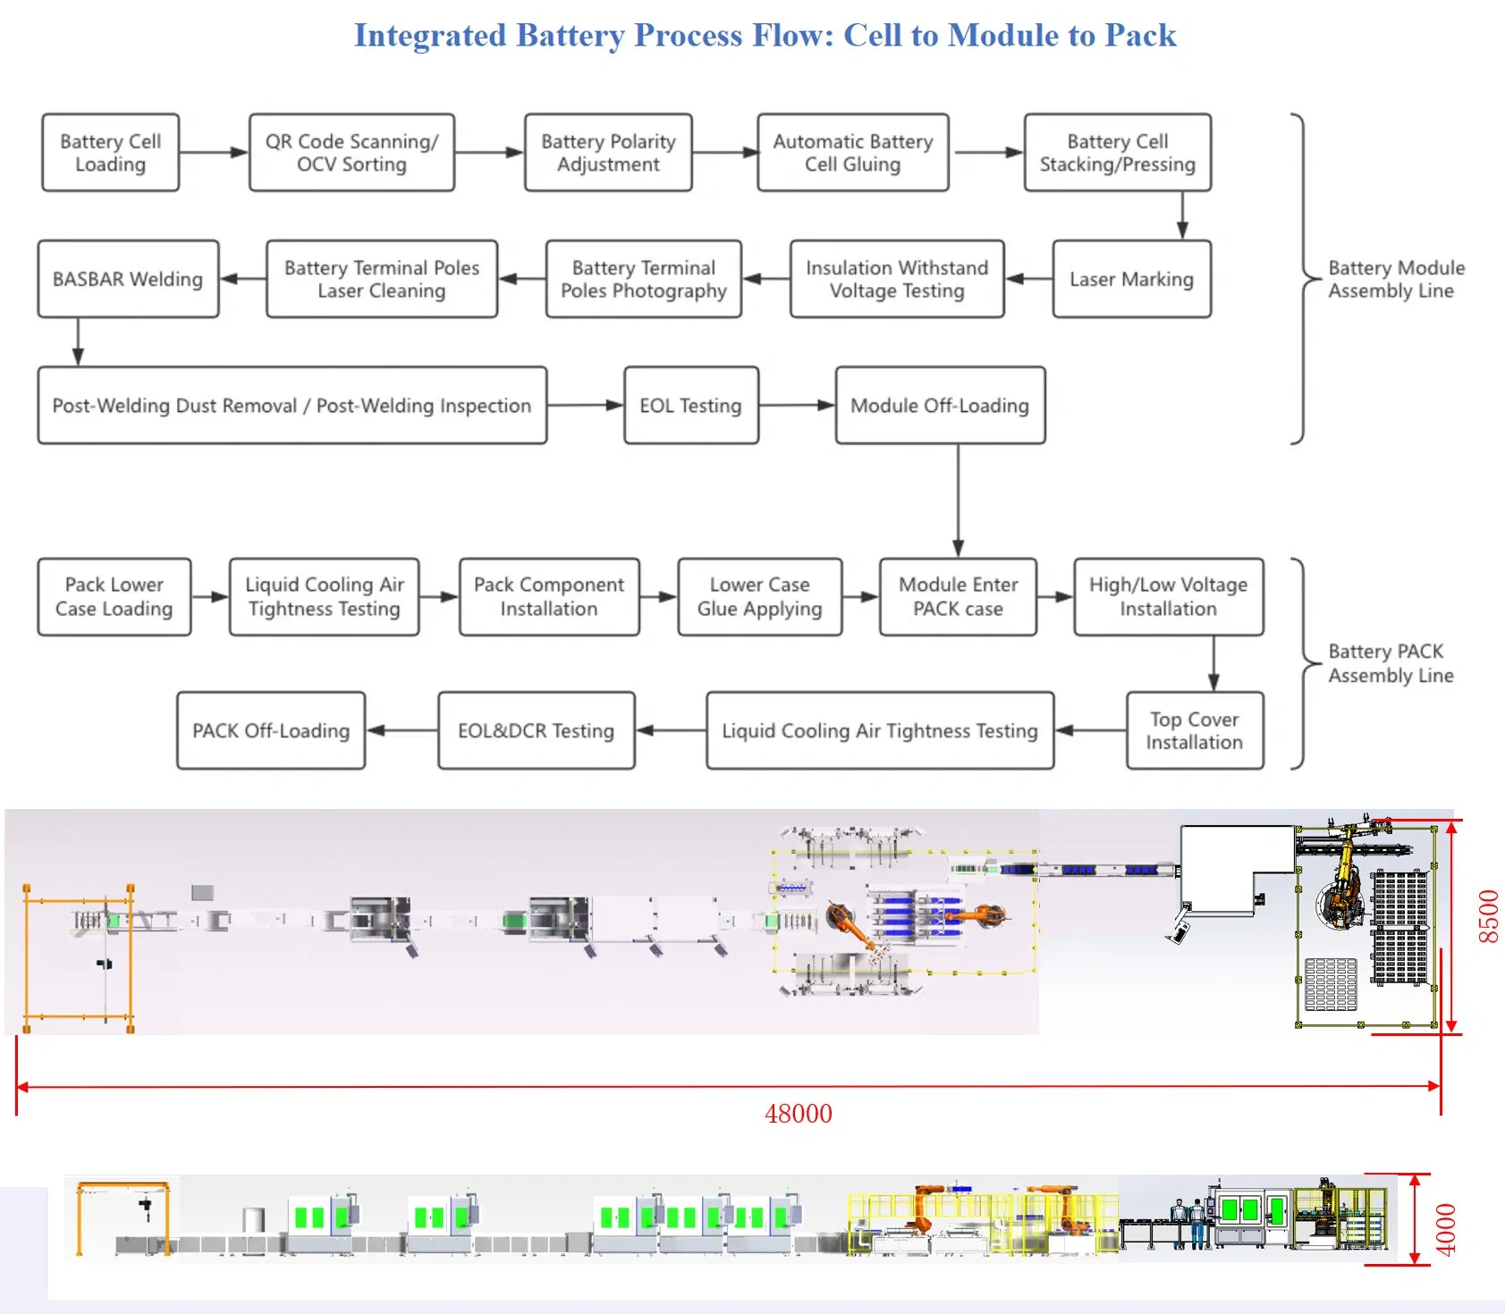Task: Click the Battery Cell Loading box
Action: pyautogui.click(x=110, y=153)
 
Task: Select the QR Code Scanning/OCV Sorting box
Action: pyautogui.click(x=351, y=153)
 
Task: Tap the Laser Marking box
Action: pyautogui.click(x=1131, y=279)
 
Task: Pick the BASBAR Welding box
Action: pyautogui.click(x=128, y=279)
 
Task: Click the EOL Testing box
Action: pyautogui.click(x=690, y=406)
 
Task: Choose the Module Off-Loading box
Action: pyautogui.click(x=940, y=406)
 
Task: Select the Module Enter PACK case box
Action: pyautogui.click(x=958, y=597)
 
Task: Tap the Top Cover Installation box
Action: pyautogui.click(x=1194, y=730)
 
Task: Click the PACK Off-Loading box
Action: pyautogui.click(x=271, y=730)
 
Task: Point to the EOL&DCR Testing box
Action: pyautogui.click(x=536, y=730)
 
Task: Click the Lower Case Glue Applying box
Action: pyautogui.click(x=759, y=597)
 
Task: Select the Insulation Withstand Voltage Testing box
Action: pyautogui.click(x=897, y=279)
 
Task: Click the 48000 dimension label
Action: pyautogui.click(x=799, y=1114)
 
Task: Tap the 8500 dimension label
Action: pyautogui.click(x=1488, y=916)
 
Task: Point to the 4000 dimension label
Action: pyautogui.click(x=1446, y=1229)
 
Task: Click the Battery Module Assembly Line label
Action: pyautogui.click(x=1395, y=279)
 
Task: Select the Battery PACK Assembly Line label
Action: pyautogui.click(x=1390, y=663)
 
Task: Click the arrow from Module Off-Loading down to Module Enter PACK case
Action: pyautogui.click(x=959, y=501)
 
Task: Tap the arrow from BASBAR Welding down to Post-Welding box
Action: pyautogui.click(x=78, y=341)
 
